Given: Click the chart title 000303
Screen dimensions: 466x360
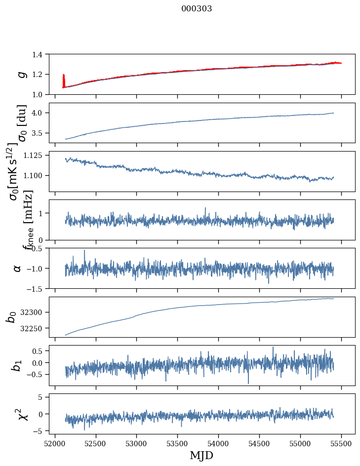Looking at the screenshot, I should point(197,9).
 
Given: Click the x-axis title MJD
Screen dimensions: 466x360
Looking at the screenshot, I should point(201,455).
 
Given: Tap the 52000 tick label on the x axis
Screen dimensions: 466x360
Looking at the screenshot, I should point(55,443).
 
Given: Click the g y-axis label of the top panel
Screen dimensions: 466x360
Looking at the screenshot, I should point(21,74).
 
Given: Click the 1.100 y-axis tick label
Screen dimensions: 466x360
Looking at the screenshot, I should point(38,176).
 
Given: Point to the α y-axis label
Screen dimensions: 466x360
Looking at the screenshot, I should point(17,268).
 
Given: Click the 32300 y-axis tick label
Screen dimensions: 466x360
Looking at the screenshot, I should point(36,312).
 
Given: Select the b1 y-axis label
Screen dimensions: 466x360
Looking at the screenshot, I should point(17,365).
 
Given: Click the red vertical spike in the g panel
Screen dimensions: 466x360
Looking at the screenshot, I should point(64,79).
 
